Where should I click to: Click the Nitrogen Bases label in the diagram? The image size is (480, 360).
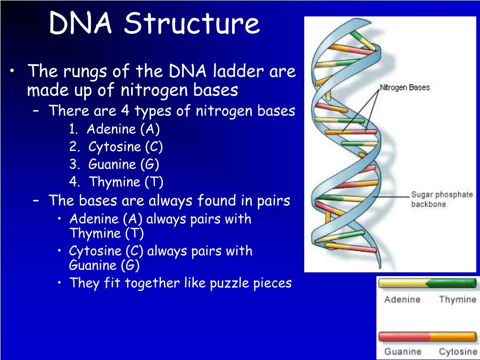click(x=405, y=87)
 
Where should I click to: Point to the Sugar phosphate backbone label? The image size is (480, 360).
click(x=442, y=199)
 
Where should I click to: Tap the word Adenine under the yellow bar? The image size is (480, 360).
click(x=402, y=300)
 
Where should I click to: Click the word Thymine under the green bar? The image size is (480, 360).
click(x=457, y=300)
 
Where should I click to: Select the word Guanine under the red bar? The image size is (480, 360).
click(x=403, y=352)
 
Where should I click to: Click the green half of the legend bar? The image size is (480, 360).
click(x=452, y=283)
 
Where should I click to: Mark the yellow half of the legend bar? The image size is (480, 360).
click(x=402, y=283)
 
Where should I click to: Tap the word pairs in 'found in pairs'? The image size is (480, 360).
click(x=273, y=201)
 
